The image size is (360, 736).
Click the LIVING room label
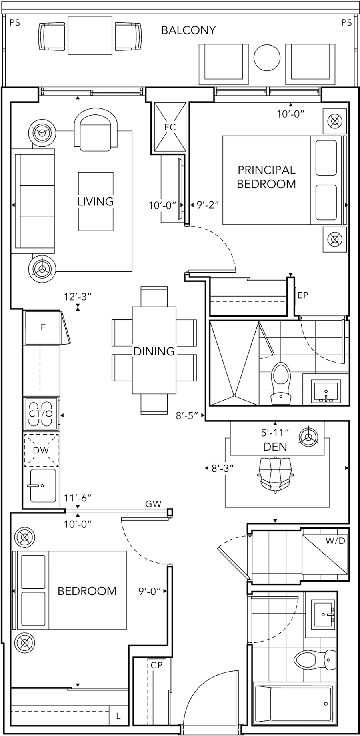pyautogui.click(x=95, y=201)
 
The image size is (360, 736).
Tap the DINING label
pyautogui.click(x=154, y=351)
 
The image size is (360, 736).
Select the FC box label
pyautogui.click(x=170, y=127)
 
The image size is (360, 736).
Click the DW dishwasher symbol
pyautogui.click(x=41, y=450)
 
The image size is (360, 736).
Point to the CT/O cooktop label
pyautogui.click(x=41, y=413)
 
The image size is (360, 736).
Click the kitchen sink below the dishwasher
pyautogui.click(x=42, y=485)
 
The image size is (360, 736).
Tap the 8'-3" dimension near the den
pyautogui.click(x=222, y=468)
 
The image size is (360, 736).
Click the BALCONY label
pyautogui.click(x=188, y=30)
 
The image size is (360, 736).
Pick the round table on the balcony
pyautogui.click(x=267, y=58)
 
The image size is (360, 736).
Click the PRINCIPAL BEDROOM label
pyautogui.click(x=267, y=177)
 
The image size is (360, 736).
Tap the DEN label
pyautogui.click(x=275, y=447)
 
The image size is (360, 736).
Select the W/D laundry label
pyautogui.click(x=335, y=541)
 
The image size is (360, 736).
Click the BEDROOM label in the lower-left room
pyautogui.click(x=87, y=591)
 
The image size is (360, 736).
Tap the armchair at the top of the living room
pyautogui.click(x=96, y=130)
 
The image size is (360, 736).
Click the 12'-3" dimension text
pyautogui.click(x=78, y=297)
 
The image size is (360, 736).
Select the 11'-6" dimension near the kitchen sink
pyautogui.click(x=78, y=498)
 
